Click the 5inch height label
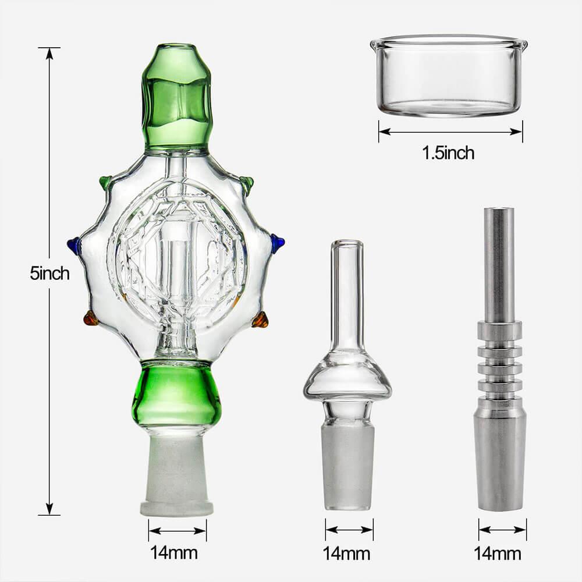coord(49,273)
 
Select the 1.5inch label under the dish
coord(448,153)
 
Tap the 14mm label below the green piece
coord(174,552)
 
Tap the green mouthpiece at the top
coord(176,96)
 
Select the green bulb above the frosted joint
coord(176,393)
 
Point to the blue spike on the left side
coord(74,245)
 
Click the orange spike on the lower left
coord(90,318)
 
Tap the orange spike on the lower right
coord(260,320)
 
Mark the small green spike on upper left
coord(105,182)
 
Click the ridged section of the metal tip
coord(499,361)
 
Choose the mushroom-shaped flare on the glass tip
coord(347,381)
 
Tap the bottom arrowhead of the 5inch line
coord(49,509)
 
